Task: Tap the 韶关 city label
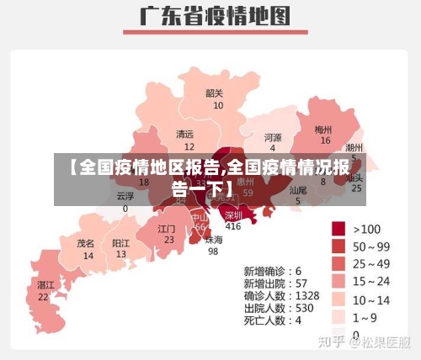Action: (x=216, y=93)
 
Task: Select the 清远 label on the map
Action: (x=184, y=135)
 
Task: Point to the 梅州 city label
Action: (x=324, y=130)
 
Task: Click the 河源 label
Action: (x=273, y=137)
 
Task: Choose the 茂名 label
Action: (x=86, y=243)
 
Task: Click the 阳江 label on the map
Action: (x=121, y=243)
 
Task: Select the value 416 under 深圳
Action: (x=233, y=226)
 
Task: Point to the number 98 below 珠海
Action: (x=213, y=251)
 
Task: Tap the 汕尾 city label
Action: (x=298, y=190)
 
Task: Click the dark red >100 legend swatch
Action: (x=339, y=229)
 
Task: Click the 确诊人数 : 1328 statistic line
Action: (x=281, y=296)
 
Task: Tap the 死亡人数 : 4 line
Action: (x=273, y=320)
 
